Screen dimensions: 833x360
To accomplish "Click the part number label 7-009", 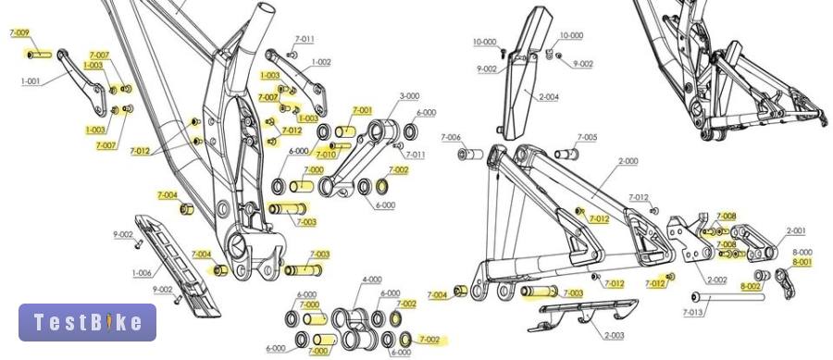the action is click(x=19, y=33).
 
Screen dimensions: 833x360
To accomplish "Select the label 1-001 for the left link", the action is click(x=31, y=81).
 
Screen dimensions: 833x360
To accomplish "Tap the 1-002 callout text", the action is click(x=321, y=62).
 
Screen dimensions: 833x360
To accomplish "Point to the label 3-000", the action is click(x=409, y=96).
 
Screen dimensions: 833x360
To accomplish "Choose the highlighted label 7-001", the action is click(x=362, y=110).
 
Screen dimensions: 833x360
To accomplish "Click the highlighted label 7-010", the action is click(x=326, y=155).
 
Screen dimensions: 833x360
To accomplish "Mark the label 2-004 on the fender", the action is click(x=549, y=97).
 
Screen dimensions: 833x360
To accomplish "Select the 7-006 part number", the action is click(x=451, y=138).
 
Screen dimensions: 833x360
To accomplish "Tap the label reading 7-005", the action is click(x=587, y=138).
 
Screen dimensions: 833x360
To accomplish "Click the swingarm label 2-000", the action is click(x=628, y=161).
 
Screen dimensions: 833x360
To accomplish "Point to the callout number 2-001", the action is click(x=796, y=231).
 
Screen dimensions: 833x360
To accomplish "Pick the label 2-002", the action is click(x=716, y=280).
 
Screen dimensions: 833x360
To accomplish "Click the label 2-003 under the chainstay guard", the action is click(x=615, y=336).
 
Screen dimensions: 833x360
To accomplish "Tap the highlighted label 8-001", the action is click(x=802, y=262).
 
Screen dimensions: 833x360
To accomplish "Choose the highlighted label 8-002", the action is click(x=750, y=286).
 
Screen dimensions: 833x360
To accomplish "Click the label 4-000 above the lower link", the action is click(x=372, y=279).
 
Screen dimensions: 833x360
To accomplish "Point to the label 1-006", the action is click(x=142, y=273).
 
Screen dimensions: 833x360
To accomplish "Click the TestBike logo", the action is click(x=88, y=322).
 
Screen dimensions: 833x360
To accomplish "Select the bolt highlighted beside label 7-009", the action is click(x=39, y=55).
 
